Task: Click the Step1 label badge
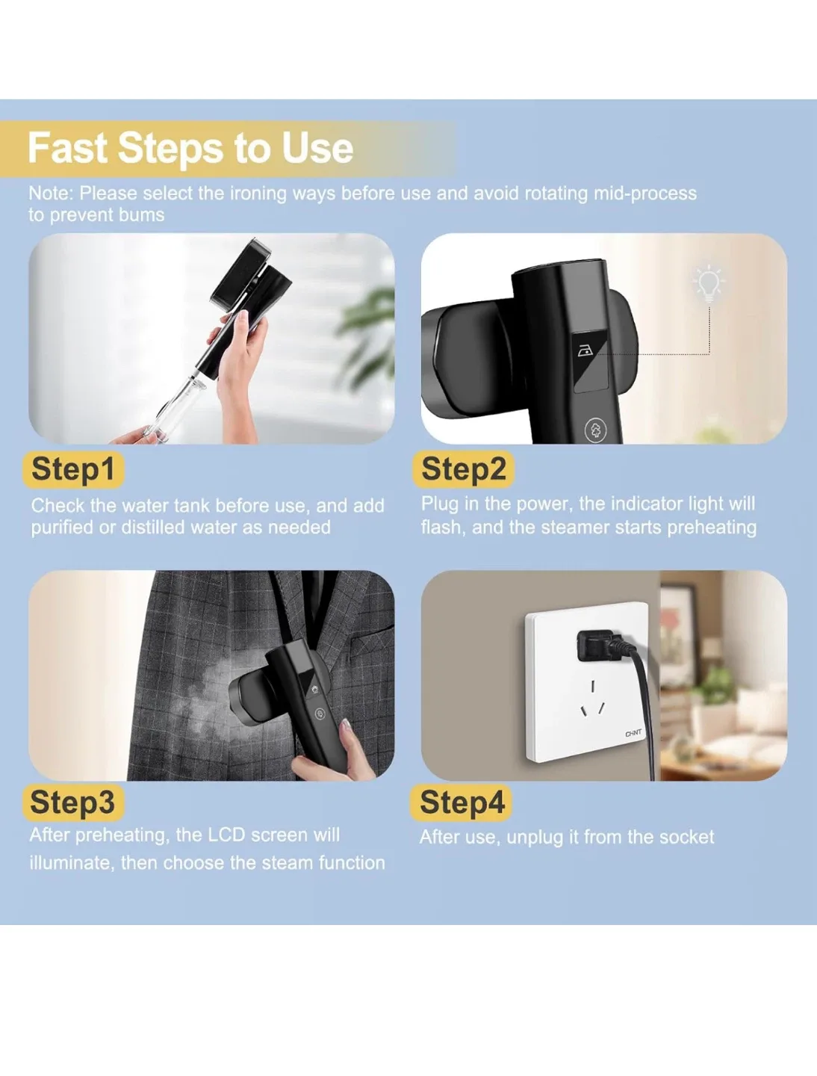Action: tap(72, 469)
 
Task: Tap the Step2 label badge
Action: tap(463, 469)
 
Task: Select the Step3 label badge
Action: tap(72, 802)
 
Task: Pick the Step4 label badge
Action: tap(462, 802)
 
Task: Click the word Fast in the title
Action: tap(67, 148)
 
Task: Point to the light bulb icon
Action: tap(708, 283)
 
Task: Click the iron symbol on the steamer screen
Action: tap(585, 350)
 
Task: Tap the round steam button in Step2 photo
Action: tap(595, 430)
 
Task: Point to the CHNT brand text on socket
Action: tap(633, 733)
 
